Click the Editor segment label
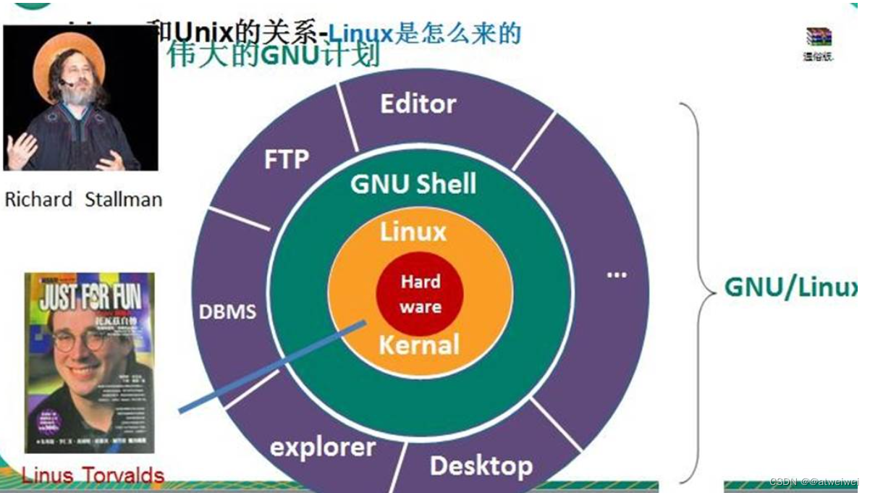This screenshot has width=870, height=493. (418, 104)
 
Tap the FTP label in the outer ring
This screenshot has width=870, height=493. (287, 159)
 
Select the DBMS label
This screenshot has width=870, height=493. (228, 312)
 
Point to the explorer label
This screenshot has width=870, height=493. (323, 447)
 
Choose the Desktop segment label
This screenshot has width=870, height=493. (481, 465)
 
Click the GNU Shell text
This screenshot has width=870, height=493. (413, 184)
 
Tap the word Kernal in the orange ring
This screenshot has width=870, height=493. (419, 345)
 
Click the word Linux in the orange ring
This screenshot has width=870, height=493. (413, 232)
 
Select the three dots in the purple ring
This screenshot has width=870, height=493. (617, 276)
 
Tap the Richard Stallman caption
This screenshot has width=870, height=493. (83, 200)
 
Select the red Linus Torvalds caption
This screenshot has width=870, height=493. (93, 476)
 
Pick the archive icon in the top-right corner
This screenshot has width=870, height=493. (818, 37)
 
